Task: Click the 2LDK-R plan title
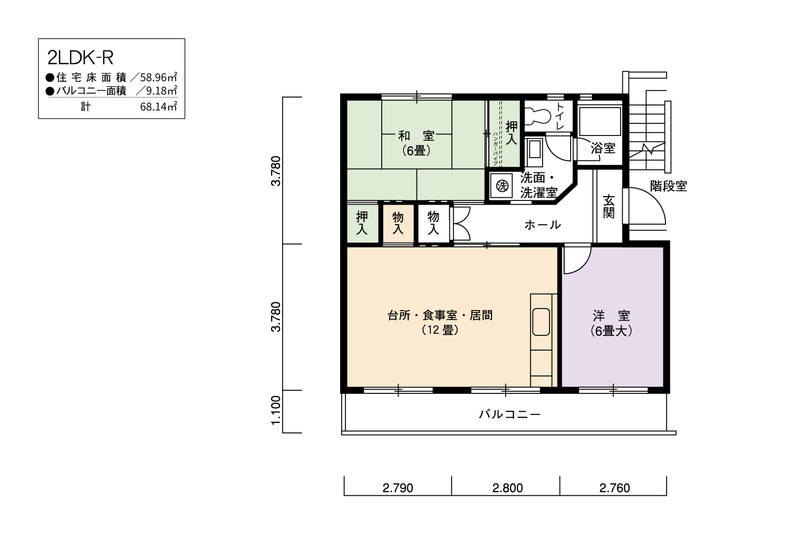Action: (80, 58)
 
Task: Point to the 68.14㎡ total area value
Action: (158, 107)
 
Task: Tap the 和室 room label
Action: (417, 136)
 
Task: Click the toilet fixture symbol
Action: (538, 115)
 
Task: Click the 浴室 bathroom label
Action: (603, 148)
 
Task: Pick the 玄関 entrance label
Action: (609, 207)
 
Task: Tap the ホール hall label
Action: (543, 225)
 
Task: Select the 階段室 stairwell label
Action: (669, 186)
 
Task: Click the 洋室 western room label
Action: (611, 315)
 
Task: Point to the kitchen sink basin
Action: (541, 322)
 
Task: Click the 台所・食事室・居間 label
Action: (440, 315)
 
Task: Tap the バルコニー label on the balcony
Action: (509, 414)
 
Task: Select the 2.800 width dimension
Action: (507, 488)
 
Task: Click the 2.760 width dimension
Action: (614, 488)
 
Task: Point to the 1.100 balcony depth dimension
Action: (276, 410)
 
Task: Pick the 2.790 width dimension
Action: (398, 488)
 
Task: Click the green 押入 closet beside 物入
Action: (362, 223)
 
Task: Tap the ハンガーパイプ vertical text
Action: (496, 149)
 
